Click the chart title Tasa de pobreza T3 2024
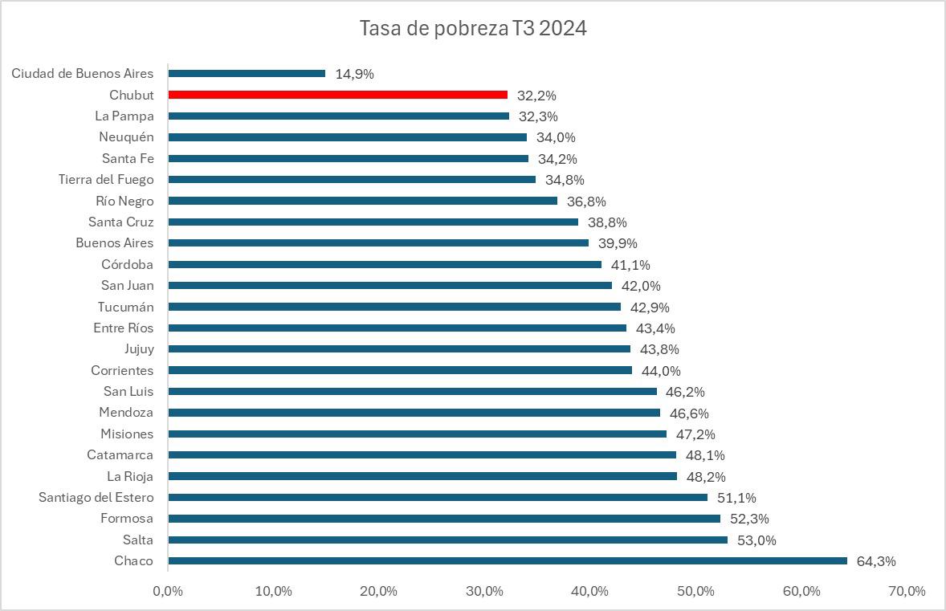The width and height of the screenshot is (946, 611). pyautogui.click(x=473, y=29)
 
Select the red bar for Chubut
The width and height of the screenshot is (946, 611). pyautogui.click(x=337, y=95)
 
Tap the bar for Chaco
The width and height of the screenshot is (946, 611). pyautogui.click(x=507, y=561)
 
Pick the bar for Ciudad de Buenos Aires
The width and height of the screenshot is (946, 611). pyautogui.click(x=247, y=74)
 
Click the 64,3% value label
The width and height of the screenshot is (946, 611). pyautogui.click(x=876, y=561)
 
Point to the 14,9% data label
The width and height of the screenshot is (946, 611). pyautogui.click(x=354, y=74)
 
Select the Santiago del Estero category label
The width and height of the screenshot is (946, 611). pyautogui.click(x=96, y=497)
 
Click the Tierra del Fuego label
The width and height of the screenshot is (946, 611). pyautogui.click(x=106, y=179)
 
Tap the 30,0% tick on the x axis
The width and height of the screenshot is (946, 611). pyautogui.click(x=484, y=592)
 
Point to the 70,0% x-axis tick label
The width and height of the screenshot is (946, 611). pyautogui.click(x=907, y=592)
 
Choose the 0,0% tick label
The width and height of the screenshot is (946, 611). pyautogui.click(x=168, y=592)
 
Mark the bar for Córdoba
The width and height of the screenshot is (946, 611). pyautogui.click(x=384, y=264)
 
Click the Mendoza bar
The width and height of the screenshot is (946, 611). pyautogui.click(x=414, y=413)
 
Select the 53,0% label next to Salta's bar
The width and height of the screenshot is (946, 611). pyautogui.click(x=756, y=540)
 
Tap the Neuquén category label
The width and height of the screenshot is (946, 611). pyautogui.click(x=126, y=136)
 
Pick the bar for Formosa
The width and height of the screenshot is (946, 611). pyautogui.click(x=443, y=519)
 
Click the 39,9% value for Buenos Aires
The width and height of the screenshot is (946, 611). pyautogui.click(x=618, y=243)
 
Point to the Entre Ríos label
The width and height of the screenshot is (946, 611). pyautogui.click(x=123, y=328)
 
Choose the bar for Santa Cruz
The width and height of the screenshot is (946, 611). pyautogui.click(x=373, y=222)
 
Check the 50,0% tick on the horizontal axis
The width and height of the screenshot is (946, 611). pyautogui.click(x=695, y=592)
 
